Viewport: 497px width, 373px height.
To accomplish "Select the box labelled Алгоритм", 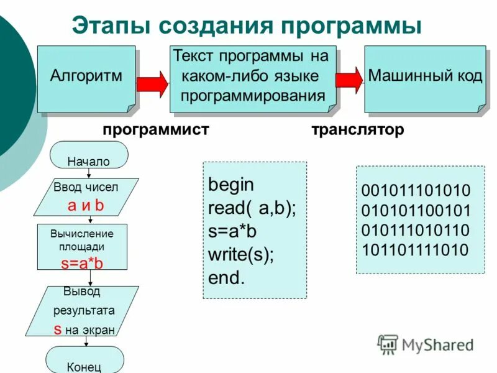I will [x=86, y=77].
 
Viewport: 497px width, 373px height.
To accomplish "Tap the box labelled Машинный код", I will [x=425, y=77].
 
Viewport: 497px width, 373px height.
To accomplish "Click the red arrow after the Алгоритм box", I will [x=152, y=83].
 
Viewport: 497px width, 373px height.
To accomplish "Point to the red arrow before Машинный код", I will [x=349, y=80].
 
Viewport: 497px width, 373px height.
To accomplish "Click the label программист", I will [x=156, y=130].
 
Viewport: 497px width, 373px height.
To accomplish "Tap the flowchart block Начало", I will [x=88, y=161].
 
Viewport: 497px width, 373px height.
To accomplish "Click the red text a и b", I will [x=86, y=206].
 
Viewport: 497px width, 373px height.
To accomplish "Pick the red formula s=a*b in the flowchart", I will [x=82, y=263].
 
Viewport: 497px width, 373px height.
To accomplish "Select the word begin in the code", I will [x=231, y=185].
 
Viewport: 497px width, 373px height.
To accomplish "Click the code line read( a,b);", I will [x=252, y=208].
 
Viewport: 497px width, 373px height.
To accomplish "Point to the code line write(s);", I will [x=241, y=254].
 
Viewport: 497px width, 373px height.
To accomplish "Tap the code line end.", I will [x=226, y=278].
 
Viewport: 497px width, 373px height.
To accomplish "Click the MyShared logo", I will [x=426, y=344].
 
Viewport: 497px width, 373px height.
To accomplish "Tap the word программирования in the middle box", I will [x=253, y=96].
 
